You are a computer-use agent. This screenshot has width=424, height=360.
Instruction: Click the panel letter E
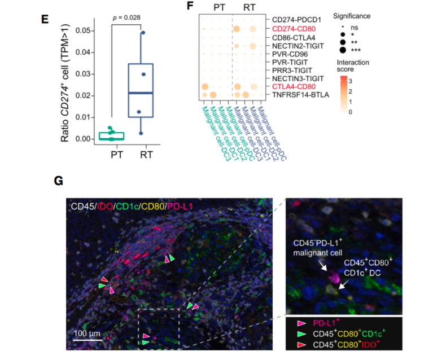tap(46, 18)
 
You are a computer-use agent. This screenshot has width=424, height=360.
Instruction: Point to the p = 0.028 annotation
tap(127, 18)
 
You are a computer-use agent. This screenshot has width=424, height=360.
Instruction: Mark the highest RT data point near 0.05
tap(143, 33)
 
